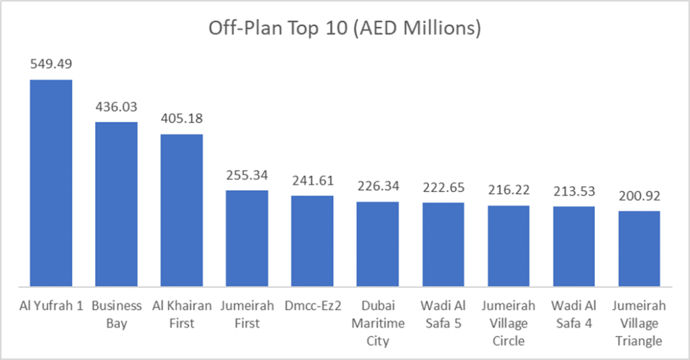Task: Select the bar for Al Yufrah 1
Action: tap(51, 183)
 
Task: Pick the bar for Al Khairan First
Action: tap(181, 210)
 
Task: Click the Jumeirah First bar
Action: tap(247, 238)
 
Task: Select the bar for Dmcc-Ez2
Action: tap(312, 241)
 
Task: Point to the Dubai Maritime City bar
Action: tap(377, 243)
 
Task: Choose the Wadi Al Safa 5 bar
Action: tap(443, 244)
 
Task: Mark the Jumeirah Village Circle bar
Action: tap(508, 245)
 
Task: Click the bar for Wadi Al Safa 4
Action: tap(573, 246)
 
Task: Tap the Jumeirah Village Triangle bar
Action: tap(639, 248)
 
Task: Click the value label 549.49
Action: tap(51, 64)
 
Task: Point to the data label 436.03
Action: tap(116, 107)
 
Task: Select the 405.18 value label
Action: tap(181, 119)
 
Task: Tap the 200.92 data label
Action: tap(639, 196)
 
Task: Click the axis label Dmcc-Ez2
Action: tap(312, 305)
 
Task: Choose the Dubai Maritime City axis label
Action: tap(377, 323)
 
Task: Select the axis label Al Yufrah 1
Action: tap(51, 305)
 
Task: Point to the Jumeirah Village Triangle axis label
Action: tap(639, 323)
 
